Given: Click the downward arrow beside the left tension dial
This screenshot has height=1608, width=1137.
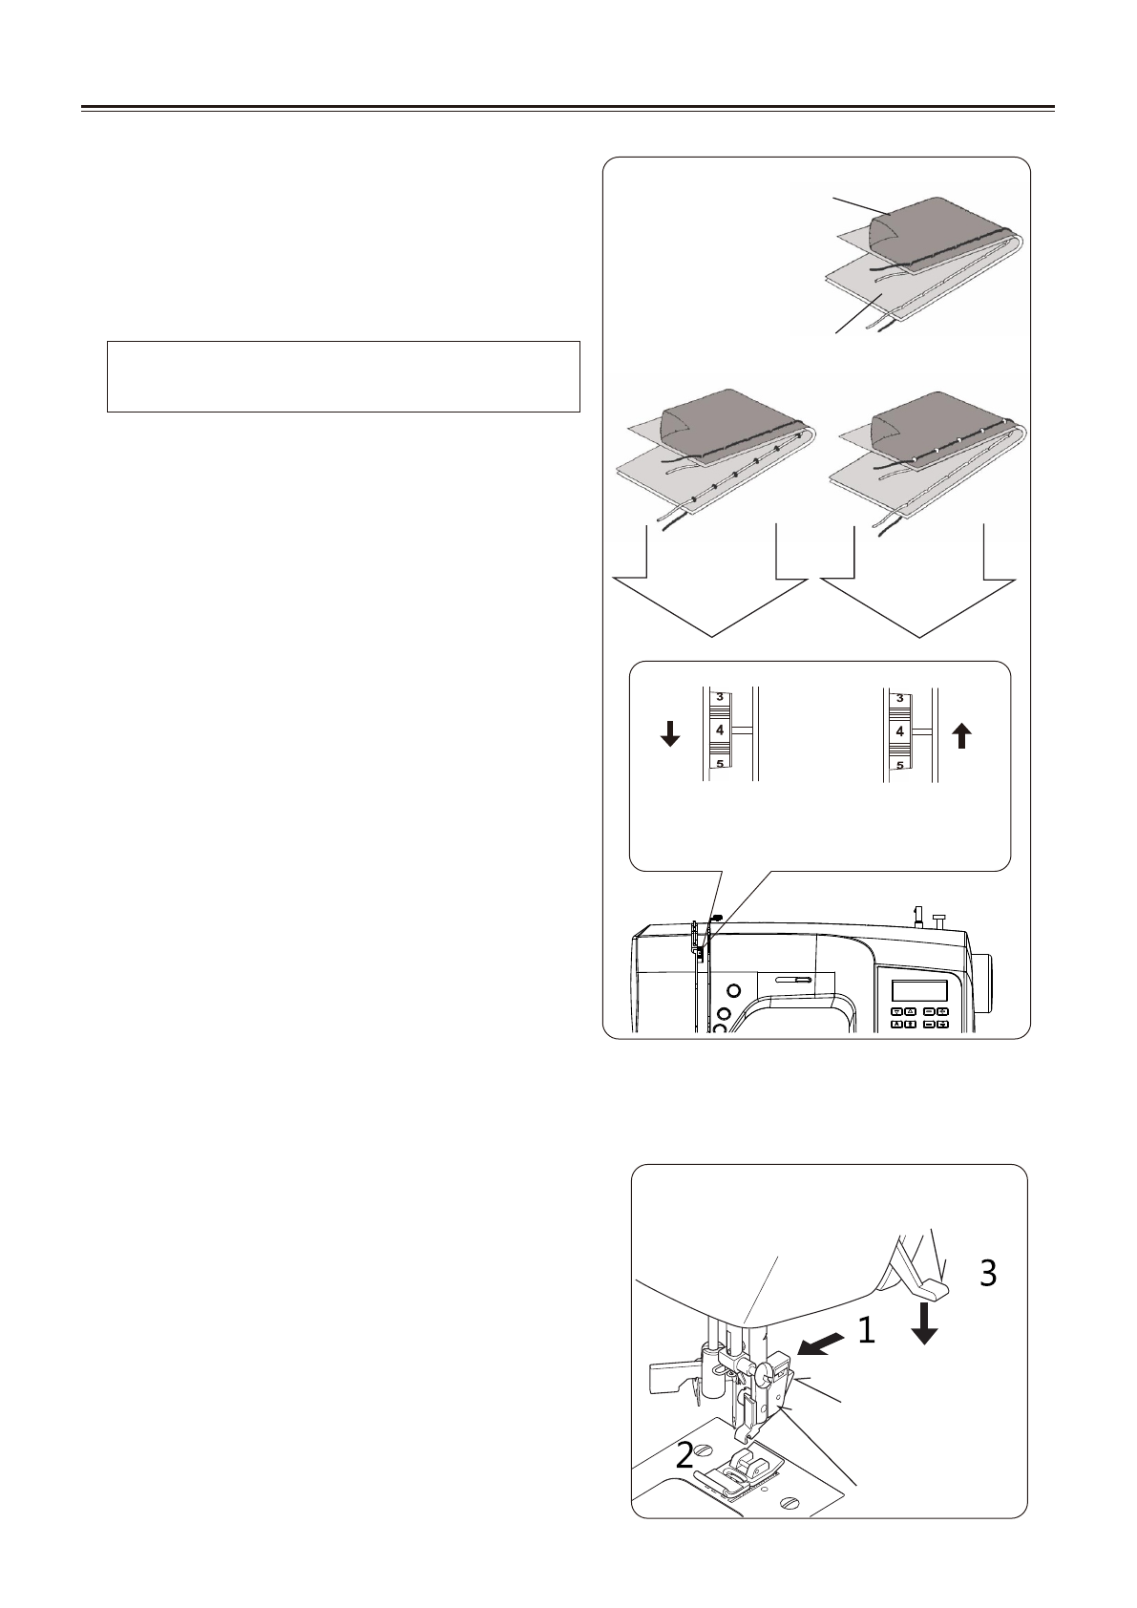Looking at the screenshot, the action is (x=670, y=733).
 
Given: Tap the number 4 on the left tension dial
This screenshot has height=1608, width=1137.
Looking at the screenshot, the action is (x=721, y=730).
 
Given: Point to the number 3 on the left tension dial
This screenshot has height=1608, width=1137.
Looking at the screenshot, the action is (x=721, y=696).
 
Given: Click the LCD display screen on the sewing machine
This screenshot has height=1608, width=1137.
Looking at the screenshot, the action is (x=919, y=990).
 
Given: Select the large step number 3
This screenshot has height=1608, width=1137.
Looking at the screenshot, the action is (x=988, y=1272).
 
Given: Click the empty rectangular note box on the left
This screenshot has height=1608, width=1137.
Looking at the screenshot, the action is (x=344, y=376).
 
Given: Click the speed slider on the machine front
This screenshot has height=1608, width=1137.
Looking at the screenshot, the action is (x=791, y=980).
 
